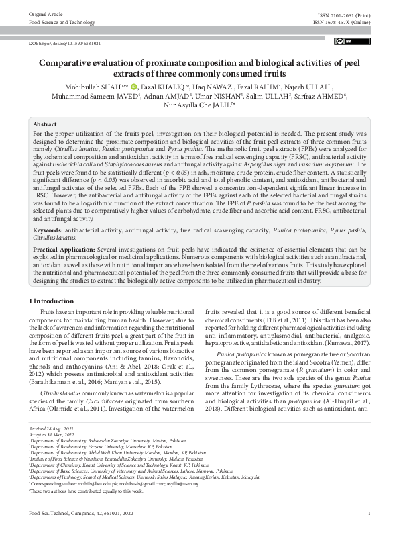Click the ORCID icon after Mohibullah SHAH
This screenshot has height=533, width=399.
point(134,86)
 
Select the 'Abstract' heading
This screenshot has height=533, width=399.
point(45,125)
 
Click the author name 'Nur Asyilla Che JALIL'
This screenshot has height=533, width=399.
point(196,105)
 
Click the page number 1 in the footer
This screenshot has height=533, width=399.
point(369,514)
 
